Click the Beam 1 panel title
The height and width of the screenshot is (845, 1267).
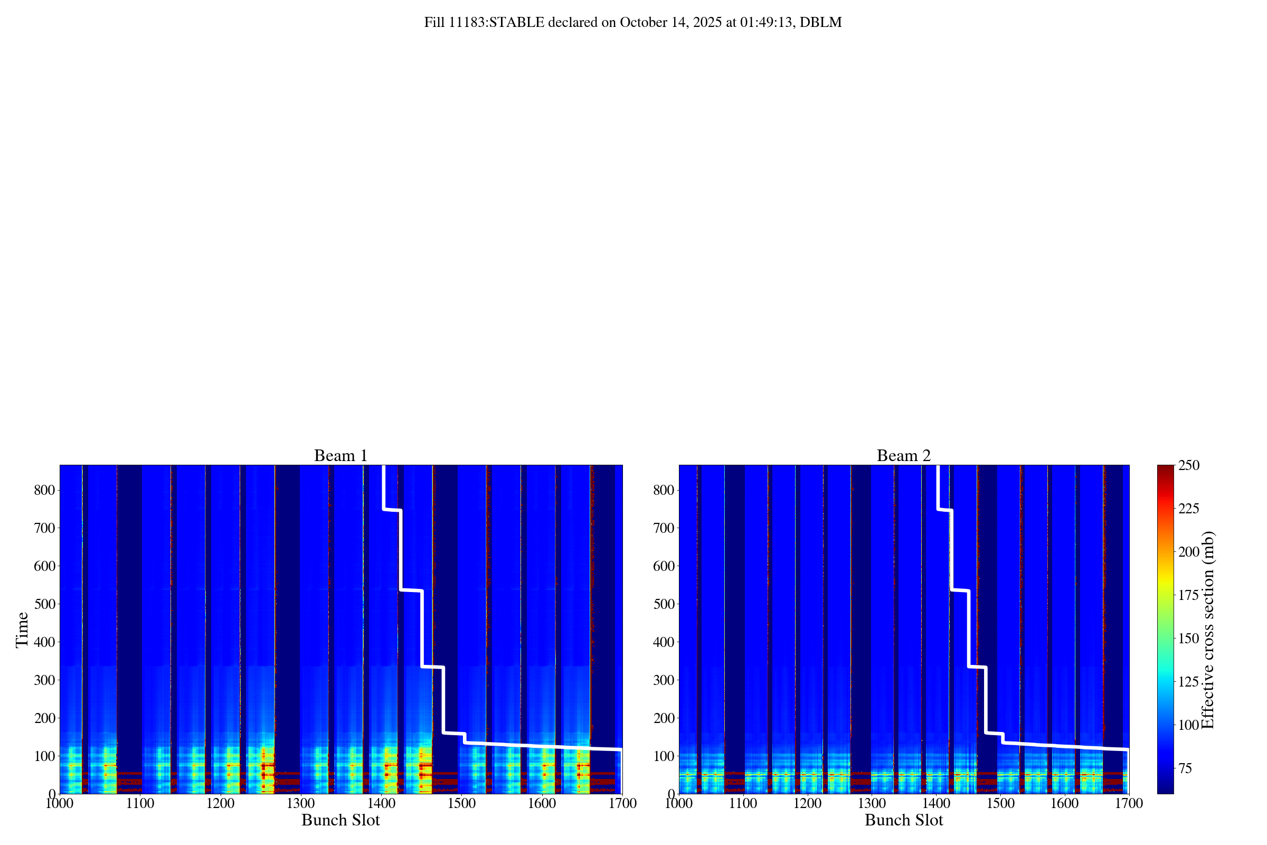click(341, 456)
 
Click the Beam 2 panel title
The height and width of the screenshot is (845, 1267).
click(903, 456)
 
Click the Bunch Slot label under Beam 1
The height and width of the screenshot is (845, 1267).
click(341, 820)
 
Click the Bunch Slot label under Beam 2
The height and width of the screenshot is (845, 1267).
click(903, 820)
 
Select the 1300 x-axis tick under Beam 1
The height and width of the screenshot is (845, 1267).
click(300, 803)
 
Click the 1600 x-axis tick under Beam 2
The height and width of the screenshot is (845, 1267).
click(1064, 803)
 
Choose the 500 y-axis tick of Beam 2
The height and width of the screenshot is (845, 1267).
click(664, 604)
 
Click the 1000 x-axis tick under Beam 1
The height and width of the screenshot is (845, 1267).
click(60, 803)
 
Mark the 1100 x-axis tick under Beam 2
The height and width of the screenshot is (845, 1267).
click(743, 803)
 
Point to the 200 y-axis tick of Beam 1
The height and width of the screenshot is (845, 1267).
click(45, 718)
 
